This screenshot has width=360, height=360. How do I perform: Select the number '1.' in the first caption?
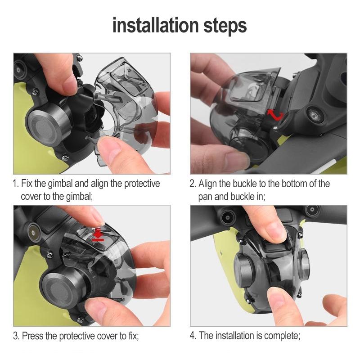(x=16, y=184)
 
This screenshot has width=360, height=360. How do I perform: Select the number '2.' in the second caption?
(x=193, y=184)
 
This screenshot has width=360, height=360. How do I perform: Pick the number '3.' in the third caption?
(x=16, y=336)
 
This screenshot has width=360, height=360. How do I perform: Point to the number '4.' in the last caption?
(x=193, y=336)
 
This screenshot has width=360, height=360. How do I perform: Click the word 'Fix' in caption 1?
(x=28, y=184)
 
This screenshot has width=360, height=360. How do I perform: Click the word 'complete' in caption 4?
(x=282, y=336)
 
